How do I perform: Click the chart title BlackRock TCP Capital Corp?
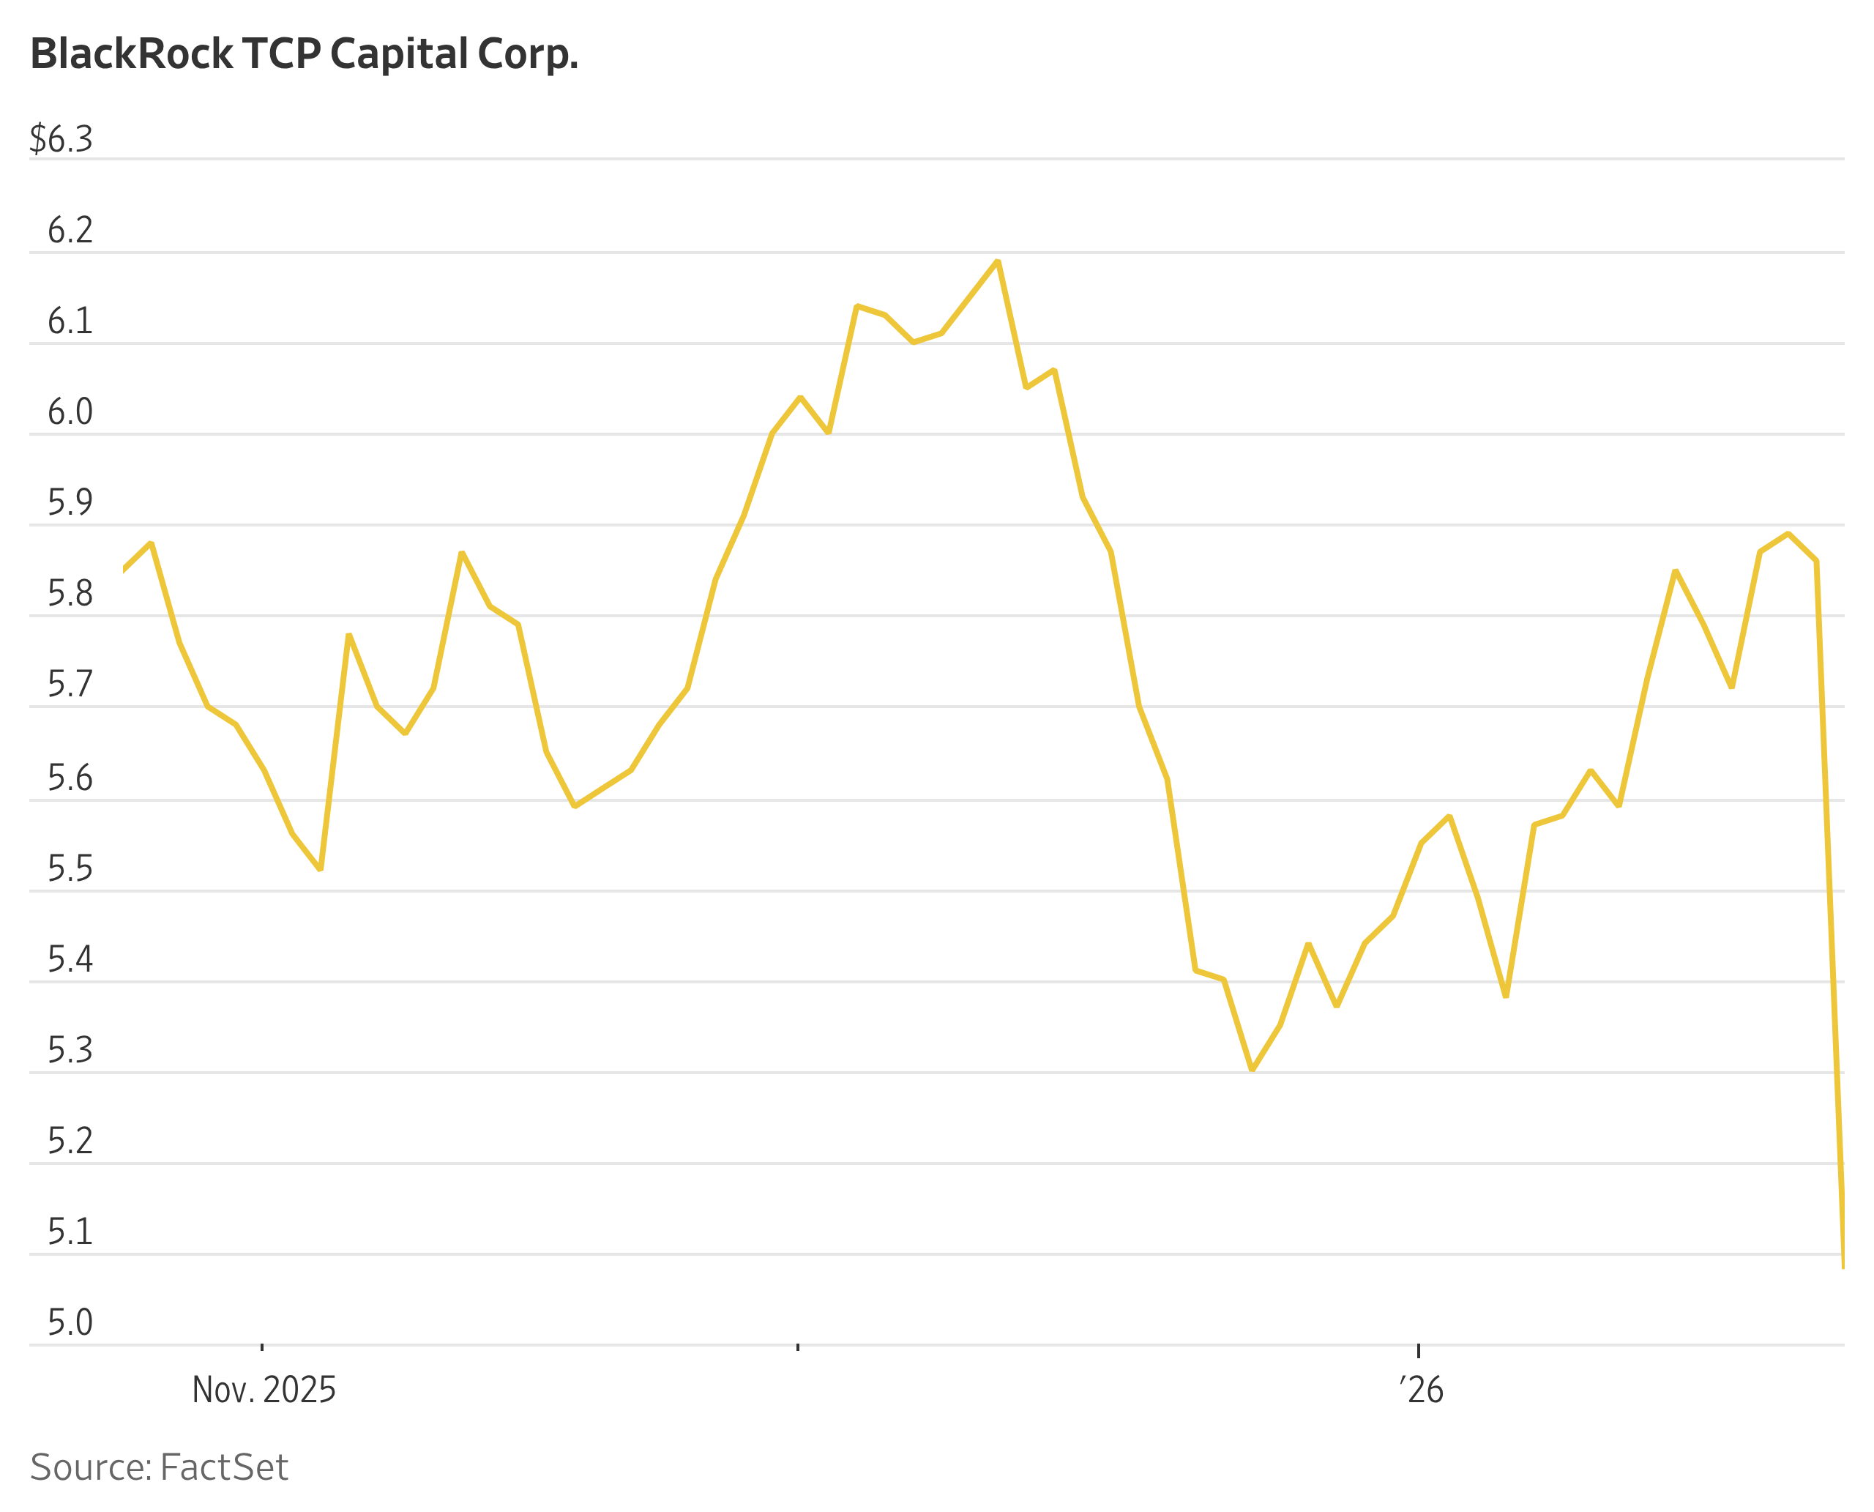tap(304, 55)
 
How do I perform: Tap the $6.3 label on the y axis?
tap(61, 139)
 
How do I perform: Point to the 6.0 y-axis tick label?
tap(70, 412)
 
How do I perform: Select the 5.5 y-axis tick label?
tap(70, 869)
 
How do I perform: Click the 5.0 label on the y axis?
tap(70, 1322)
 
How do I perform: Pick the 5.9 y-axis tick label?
tap(70, 502)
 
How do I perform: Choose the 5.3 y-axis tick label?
tap(70, 1051)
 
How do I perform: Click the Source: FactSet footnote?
tap(159, 1467)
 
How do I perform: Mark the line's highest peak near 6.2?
tap(997, 261)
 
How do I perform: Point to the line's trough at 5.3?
tap(1251, 1070)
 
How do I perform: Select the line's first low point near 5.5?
tap(321, 869)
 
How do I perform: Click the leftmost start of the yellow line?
tap(124, 570)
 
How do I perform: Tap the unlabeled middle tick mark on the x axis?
tap(798, 1348)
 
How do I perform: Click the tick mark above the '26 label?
tap(1419, 1350)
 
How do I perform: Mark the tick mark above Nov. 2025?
tap(262, 1348)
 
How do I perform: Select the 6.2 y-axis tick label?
tap(70, 231)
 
